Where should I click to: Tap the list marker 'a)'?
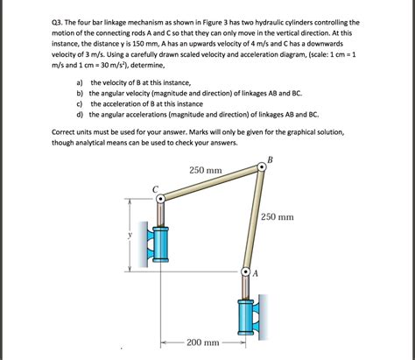pos(80,81)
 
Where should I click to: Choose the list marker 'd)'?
pos(80,114)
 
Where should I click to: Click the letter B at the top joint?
pos(270,160)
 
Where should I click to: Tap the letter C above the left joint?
pos(155,187)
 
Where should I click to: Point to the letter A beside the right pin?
pos(256,273)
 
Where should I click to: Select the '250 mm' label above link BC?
pos(204,169)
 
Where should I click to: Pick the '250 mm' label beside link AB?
pos(278,216)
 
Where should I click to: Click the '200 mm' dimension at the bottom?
pos(203,342)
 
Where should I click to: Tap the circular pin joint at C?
pos(160,200)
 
